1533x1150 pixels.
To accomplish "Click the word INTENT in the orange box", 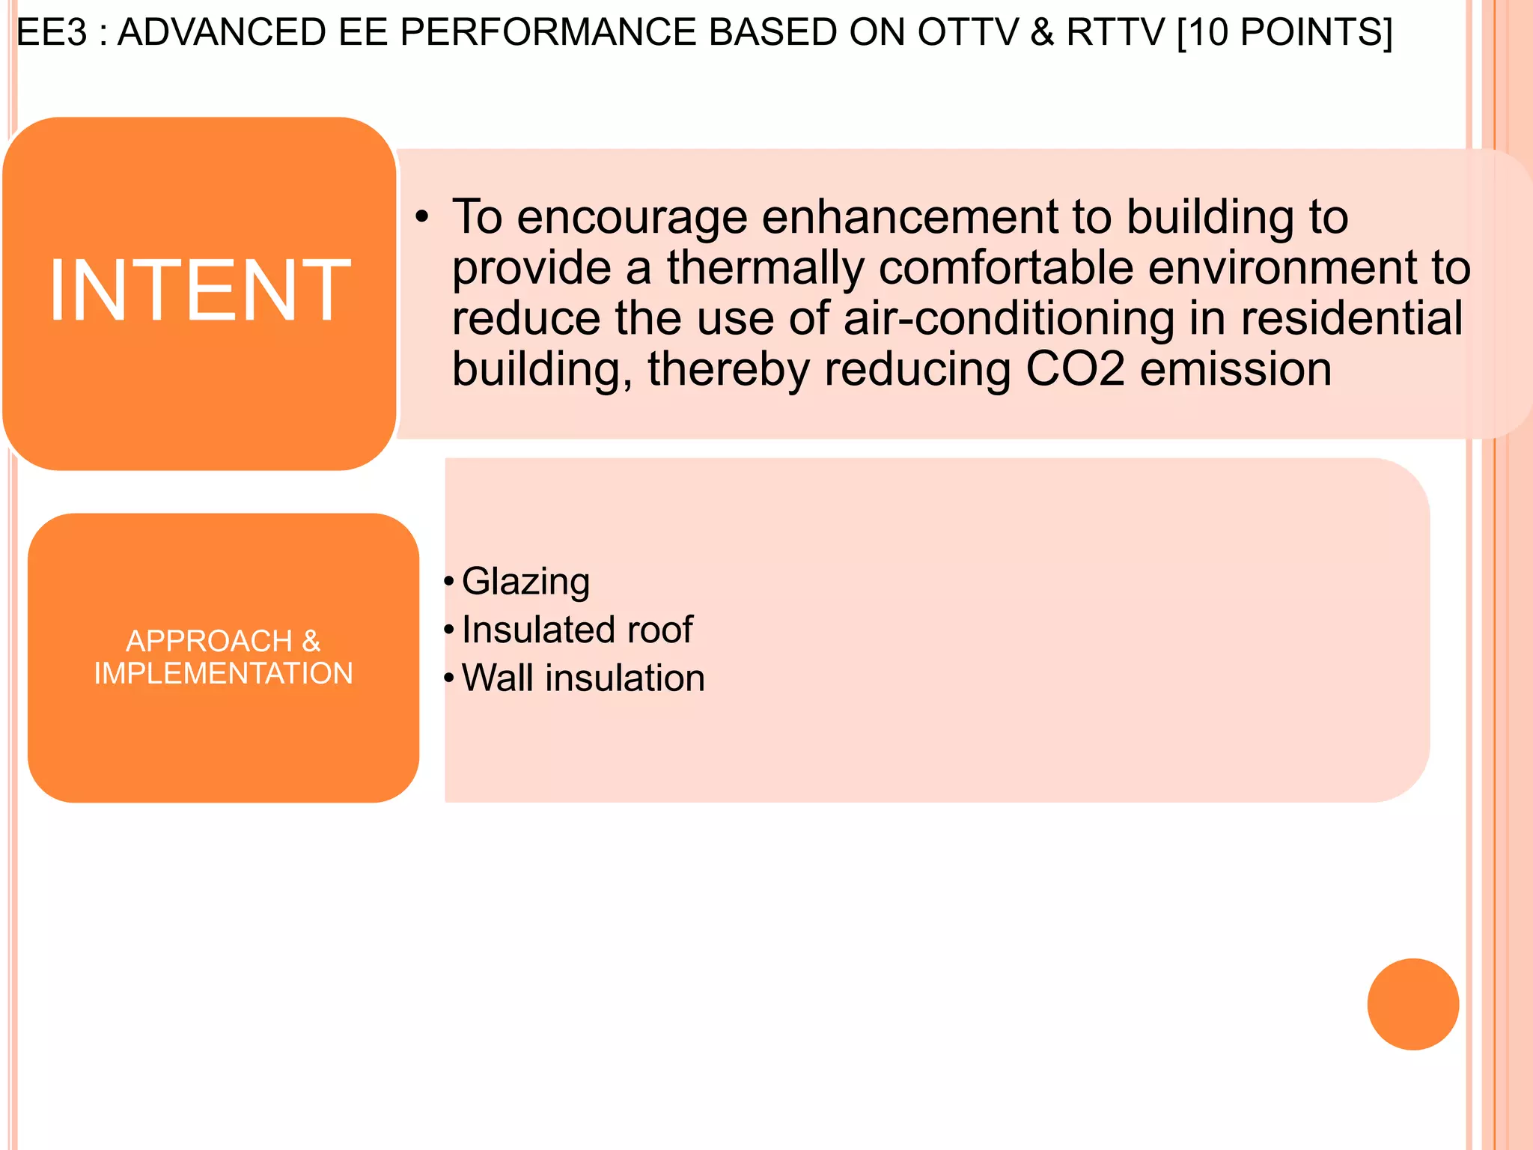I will [199, 290].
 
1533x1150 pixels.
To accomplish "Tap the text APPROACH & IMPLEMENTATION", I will [223, 657].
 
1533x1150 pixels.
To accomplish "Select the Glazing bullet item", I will [525, 582].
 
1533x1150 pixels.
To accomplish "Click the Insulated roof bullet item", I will [576, 630].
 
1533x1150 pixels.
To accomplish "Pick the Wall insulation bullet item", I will [582, 678].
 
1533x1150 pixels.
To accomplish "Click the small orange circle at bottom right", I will [1412, 1004].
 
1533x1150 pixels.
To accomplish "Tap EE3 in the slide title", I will [51, 32].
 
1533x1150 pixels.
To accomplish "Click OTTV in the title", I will [968, 32].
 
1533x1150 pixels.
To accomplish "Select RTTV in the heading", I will [1115, 32].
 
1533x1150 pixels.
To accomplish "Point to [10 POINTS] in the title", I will [1284, 32].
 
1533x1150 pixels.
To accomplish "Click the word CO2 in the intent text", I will [1075, 369].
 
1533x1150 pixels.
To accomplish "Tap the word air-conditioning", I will [1009, 318].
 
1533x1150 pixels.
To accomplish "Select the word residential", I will [1351, 318].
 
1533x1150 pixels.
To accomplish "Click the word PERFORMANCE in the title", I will [548, 32].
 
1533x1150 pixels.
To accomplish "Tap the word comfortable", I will [1006, 268].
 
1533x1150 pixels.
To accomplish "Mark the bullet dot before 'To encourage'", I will [423, 217].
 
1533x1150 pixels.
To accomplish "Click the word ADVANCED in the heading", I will [222, 32].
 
